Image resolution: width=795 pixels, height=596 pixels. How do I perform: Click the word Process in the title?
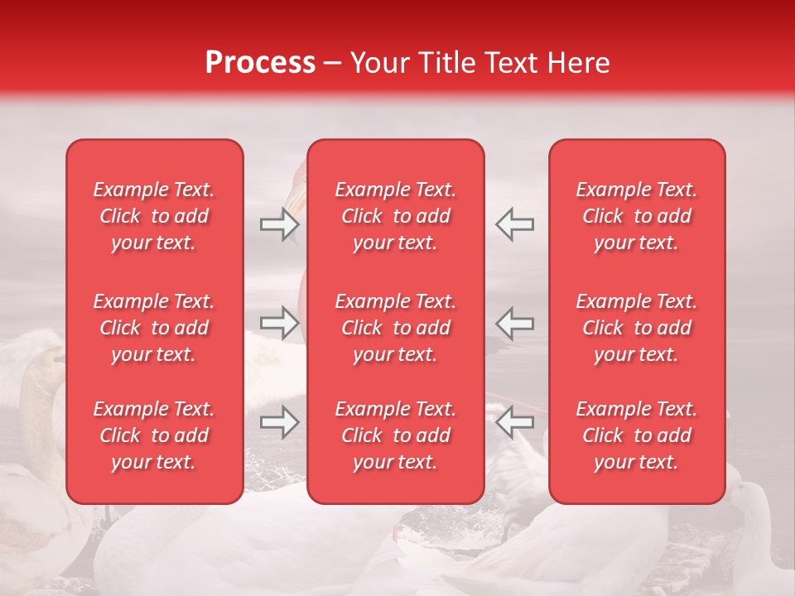click(260, 63)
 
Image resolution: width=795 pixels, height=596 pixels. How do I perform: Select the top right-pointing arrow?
click(279, 224)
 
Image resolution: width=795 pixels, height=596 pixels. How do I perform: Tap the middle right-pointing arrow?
click(279, 323)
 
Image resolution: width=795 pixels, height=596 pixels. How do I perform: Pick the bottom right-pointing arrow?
click(279, 422)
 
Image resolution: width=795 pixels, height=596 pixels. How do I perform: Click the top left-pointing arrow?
click(514, 224)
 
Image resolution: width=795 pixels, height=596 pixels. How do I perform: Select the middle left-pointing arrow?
click(514, 323)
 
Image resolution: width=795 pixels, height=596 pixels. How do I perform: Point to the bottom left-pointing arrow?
click(514, 422)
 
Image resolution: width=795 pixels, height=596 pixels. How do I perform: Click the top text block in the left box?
click(154, 216)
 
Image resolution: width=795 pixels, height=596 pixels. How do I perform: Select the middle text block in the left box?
click(154, 328)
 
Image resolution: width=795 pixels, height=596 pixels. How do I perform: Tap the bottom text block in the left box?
click(154, 435)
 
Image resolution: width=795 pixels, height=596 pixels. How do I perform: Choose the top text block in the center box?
click(396, 216)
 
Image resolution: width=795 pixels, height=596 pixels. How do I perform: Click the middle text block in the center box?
click(396, 328)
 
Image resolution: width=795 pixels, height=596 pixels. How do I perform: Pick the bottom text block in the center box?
click(396, 435)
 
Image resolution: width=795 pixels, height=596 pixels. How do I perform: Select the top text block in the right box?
click(637, 216)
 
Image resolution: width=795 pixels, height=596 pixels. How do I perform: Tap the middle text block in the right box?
click(637, 328)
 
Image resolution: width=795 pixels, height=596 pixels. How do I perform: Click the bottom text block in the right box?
click(637, 435)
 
